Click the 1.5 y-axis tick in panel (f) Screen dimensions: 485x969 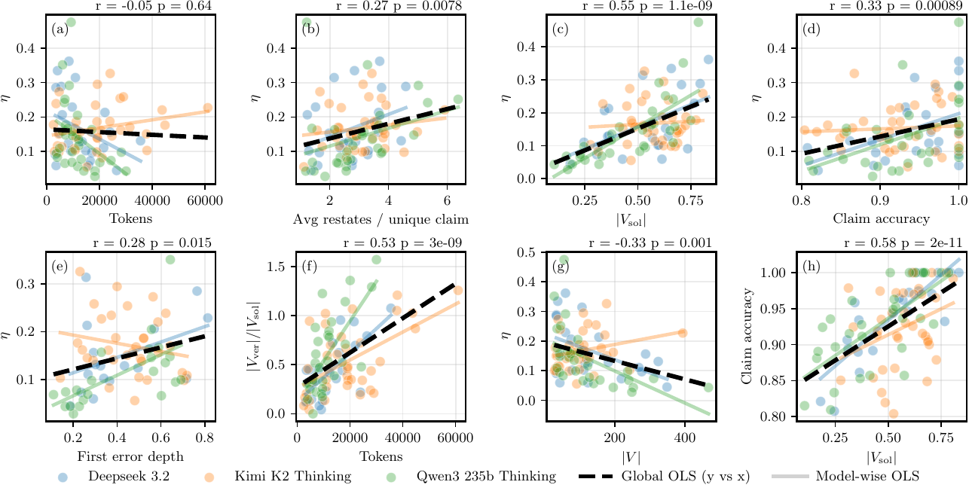[x=280, y=267]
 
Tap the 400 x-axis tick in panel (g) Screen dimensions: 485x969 [x=684, y=438]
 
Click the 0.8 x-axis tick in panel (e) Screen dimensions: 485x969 [x=204, y=438]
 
